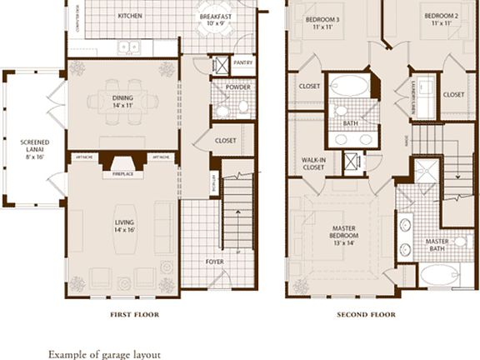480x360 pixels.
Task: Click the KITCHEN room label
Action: tap(129, 16)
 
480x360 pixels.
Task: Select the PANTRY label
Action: tap(243, 62)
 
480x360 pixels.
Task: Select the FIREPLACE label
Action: tap(123, 174)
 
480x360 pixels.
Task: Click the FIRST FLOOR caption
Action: tap(134, 315)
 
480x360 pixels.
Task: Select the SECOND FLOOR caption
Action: tap(365, 315)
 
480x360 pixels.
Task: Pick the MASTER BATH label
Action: tap(437, 245)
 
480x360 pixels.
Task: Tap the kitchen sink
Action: tap(129, 47)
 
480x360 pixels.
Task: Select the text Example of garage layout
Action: tap(104, 354)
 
